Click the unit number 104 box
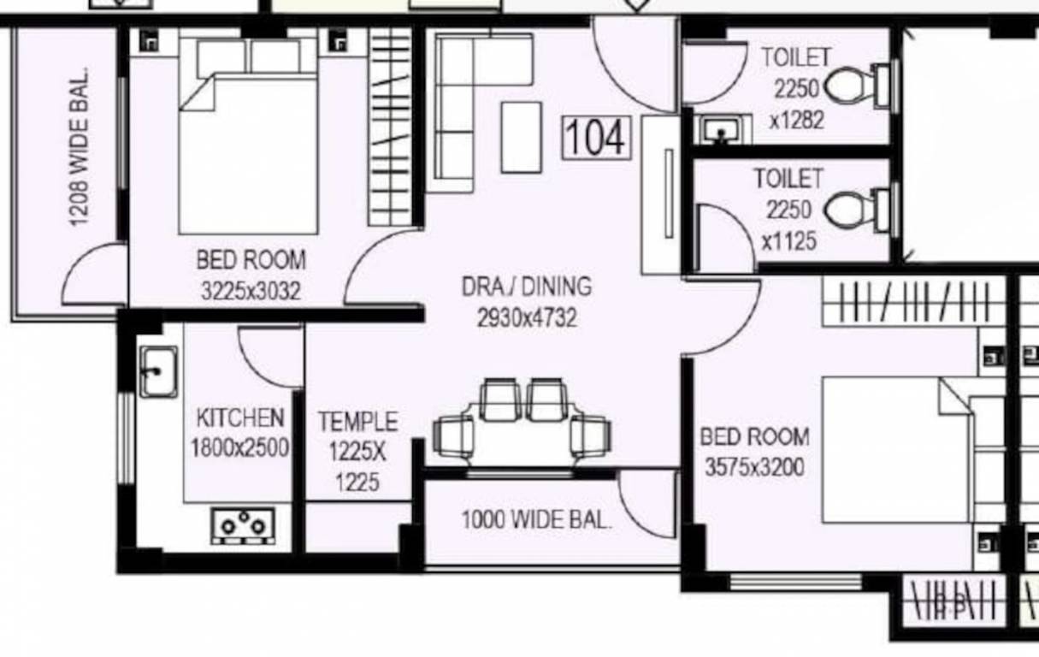coord(597,138)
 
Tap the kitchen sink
coord(158,372)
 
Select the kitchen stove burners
coord(244,525)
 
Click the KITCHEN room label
coord(239,418)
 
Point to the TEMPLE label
coord(357,422)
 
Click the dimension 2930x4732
coord(527,319)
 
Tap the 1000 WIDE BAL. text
coord(536,520)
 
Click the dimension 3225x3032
coord(251,292)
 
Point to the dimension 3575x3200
coord(754,468)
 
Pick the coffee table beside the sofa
coord(521,137)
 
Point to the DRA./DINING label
coord(526,287)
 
